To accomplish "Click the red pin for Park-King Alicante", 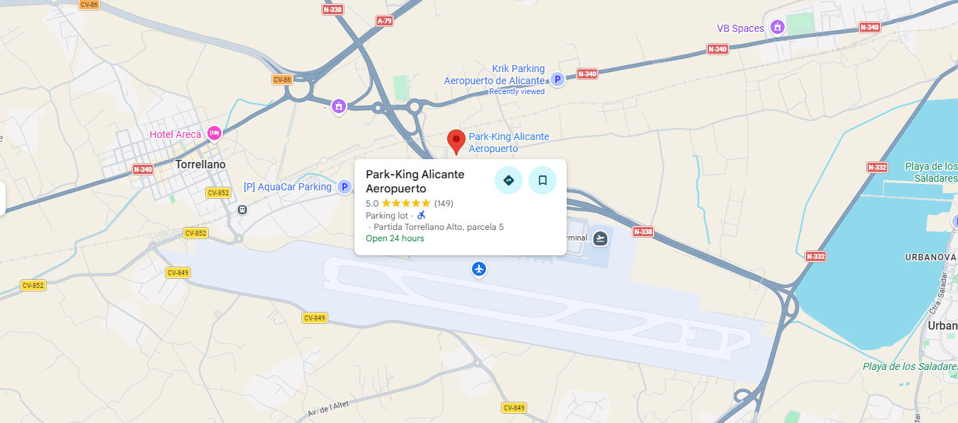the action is click(x=456, y=140).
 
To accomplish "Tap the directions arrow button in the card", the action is click(x=508, y=180).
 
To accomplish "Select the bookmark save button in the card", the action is click(x=543, y=180).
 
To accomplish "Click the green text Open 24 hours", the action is click(x=395, y=238).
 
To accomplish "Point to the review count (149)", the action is click(x=444, y=204).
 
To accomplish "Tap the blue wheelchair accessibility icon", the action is click(x=421, y=215).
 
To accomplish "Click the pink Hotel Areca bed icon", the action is click(x=214, y=133).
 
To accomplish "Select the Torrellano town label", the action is click(x=200, y=164).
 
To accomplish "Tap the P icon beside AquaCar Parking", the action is click(x=345, y=187).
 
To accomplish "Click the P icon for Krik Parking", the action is click(x=558, y=80).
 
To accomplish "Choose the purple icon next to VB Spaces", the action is click(x=778, y=28).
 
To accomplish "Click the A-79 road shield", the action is click(x=384, y=21).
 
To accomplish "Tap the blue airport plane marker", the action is click(x=480, y=269).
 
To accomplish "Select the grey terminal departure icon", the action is click(x=601, y=238).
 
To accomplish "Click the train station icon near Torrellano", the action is click(x=243, y=209).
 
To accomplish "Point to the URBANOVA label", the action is click(x=925, y=257).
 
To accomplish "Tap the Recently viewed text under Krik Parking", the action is click(x=517, y=91).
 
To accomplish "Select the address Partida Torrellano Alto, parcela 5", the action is click(x=438, y=227).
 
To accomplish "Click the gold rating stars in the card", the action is click(x=405, y=204).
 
